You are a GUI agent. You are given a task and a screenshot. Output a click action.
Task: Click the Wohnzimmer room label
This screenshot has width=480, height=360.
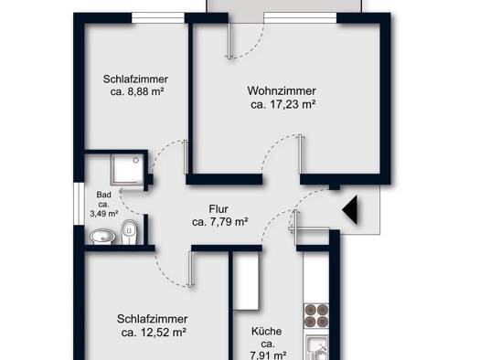(x=282, y=90)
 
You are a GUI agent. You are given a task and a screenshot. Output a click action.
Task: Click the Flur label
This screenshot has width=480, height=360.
(x=219, y=209)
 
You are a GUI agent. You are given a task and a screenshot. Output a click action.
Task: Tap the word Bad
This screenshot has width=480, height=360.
(x=104, y=195)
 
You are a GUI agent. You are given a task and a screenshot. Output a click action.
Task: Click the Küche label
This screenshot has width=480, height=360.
(x=267, y=332)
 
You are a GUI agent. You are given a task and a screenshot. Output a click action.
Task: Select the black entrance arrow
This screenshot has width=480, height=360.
(x=350, y=210)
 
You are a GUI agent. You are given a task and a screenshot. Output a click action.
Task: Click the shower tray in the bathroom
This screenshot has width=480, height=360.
(x=127, y=169)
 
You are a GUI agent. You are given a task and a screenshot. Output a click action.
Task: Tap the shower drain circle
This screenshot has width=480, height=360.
(x=136, y=160)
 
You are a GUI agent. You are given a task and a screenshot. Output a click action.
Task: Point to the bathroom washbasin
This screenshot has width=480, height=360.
(x=102, y=237)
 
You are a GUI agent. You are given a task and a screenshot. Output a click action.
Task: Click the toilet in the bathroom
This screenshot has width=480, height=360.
(x=129, y=232)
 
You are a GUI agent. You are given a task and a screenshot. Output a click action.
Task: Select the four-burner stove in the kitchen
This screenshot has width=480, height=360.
(x=316, y=315)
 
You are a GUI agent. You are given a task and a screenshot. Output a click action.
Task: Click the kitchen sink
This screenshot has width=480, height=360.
(x=318, y=348)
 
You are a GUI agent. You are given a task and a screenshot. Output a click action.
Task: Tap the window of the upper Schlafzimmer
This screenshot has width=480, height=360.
(x=158, y=18)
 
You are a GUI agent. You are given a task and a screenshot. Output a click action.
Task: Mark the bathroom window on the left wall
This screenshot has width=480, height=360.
(x=80, y=204)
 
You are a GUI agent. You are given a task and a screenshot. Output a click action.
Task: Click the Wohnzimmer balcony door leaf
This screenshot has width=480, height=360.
(x=229, y=40)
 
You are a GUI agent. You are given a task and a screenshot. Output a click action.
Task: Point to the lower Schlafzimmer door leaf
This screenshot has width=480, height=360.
(x=192, y=270)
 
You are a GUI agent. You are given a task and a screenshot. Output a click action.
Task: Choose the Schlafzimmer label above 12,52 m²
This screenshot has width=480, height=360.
(x=152, y=319)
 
